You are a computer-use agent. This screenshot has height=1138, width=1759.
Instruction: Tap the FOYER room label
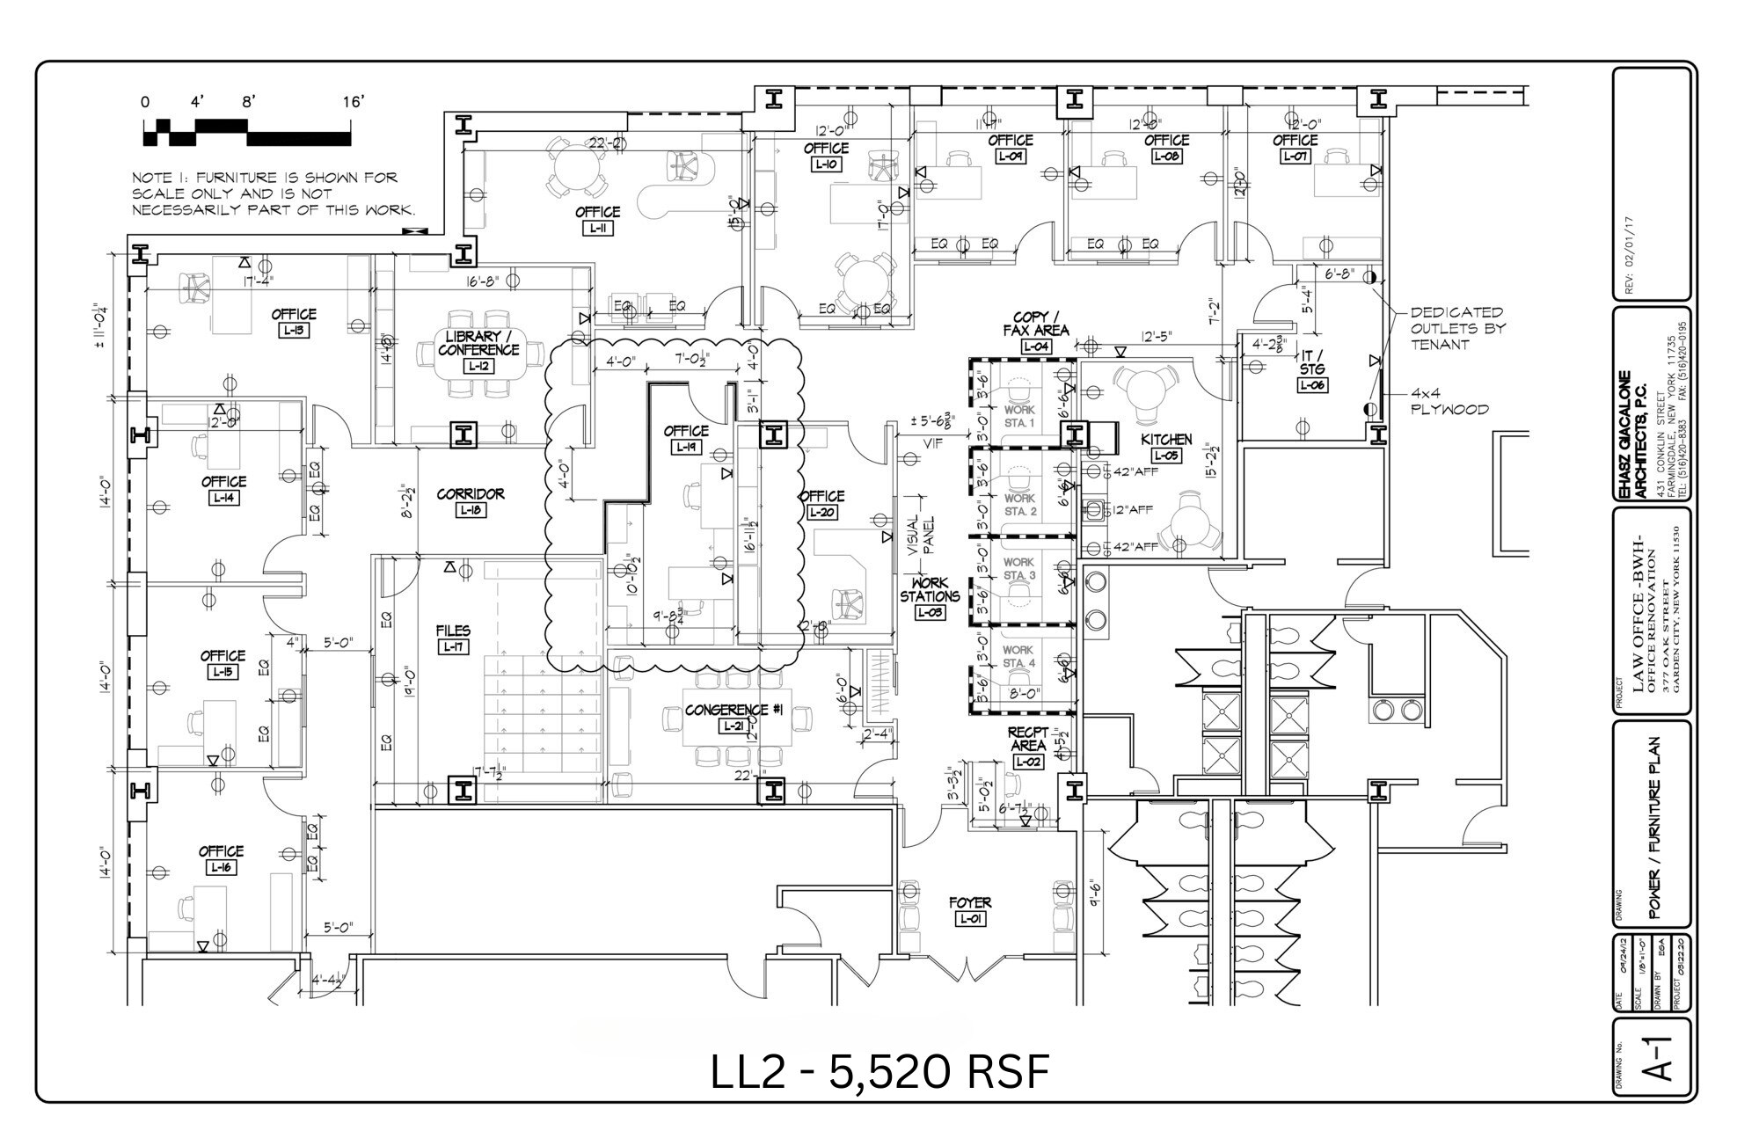(x=970, y=902)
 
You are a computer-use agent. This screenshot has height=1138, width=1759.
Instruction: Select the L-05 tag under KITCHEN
(x=1166, y=456)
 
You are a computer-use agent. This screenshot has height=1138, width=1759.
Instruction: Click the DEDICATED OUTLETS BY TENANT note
(x=1457, y=328)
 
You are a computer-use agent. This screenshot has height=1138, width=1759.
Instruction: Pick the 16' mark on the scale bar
(x=353, y=103)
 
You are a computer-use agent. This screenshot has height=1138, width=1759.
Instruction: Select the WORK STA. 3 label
(x=1018, y=568)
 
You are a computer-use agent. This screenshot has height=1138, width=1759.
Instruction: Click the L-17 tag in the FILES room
(x=453, y=647)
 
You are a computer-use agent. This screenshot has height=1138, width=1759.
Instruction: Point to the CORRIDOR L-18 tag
(x=471, y=510)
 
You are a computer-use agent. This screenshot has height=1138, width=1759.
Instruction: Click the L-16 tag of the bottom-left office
(x=220, y=868)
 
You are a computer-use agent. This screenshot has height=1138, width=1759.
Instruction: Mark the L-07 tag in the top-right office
(x=1294, y=157)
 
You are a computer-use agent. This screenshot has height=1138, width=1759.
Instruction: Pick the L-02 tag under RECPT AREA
(x=1027, y=762)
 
